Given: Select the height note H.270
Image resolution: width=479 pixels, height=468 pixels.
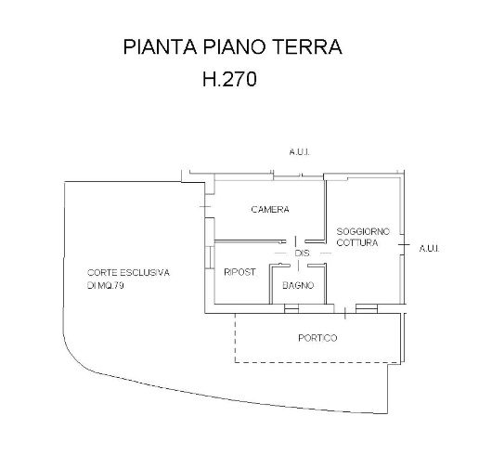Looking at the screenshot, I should [228, 80].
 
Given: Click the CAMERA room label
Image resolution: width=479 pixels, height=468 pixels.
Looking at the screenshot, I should [270, 210].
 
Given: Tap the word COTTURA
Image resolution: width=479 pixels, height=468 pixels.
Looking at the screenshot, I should [358, 242].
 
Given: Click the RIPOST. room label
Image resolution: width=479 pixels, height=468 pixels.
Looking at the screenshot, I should [240, 272].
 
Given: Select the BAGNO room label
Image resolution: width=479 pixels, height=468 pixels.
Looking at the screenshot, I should [298, 284].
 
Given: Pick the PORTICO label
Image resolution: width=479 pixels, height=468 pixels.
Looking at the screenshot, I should [317, 337].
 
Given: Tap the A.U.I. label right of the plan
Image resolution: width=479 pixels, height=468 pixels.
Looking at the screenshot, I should [428, 248].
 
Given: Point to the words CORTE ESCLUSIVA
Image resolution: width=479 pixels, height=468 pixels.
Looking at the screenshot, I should [129, 272].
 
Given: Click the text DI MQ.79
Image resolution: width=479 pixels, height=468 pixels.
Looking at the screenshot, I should [105, 285].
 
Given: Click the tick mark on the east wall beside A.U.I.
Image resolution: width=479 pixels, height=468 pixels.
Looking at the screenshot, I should [405, 244].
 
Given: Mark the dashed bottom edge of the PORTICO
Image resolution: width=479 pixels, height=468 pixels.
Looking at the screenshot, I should [316, 361].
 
